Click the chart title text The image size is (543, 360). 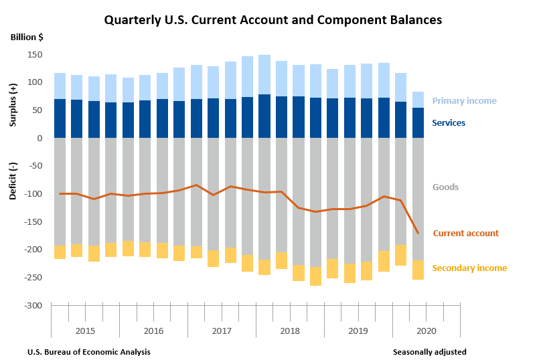[x=273, y=20]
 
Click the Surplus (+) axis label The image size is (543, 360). [x=14, y=105]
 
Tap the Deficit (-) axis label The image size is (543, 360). [x=14, y=181]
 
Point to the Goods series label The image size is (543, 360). [x=445, y=187]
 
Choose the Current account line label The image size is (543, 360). [x=465, y=234]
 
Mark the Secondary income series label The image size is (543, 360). [x=469, y=268]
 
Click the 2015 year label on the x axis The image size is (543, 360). [x=85, y=331]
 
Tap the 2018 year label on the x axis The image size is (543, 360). [x=290, y=331]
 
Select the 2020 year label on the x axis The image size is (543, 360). [x=426, y=331]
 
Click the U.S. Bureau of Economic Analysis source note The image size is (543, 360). [x=89, y=352]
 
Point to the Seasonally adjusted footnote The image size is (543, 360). [x=429, y=352]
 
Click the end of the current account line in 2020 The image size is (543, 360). [x=418, y=233]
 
